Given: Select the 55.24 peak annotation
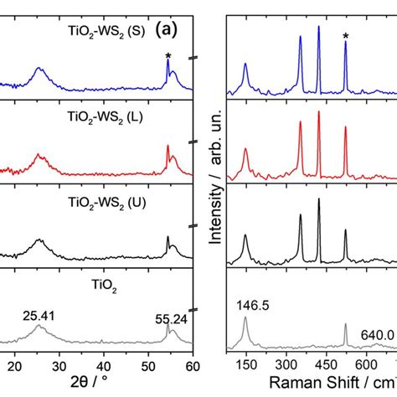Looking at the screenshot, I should tap(173, 319).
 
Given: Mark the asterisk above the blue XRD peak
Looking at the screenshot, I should tap(168, 57).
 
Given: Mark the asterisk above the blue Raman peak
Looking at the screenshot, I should tap(345, 35).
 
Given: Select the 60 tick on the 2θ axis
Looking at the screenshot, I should tap(193, 367).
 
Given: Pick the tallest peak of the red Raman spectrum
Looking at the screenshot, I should tap(318, 113).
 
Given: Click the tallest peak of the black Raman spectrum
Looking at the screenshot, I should tap(318, 200).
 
